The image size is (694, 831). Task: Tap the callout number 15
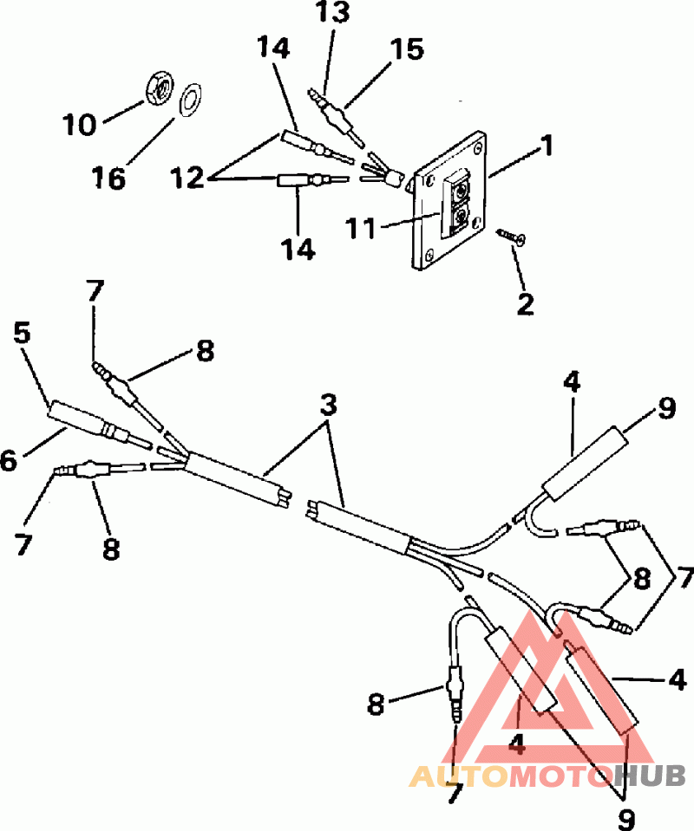coord(406,49)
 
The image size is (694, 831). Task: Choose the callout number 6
coord(9,460)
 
